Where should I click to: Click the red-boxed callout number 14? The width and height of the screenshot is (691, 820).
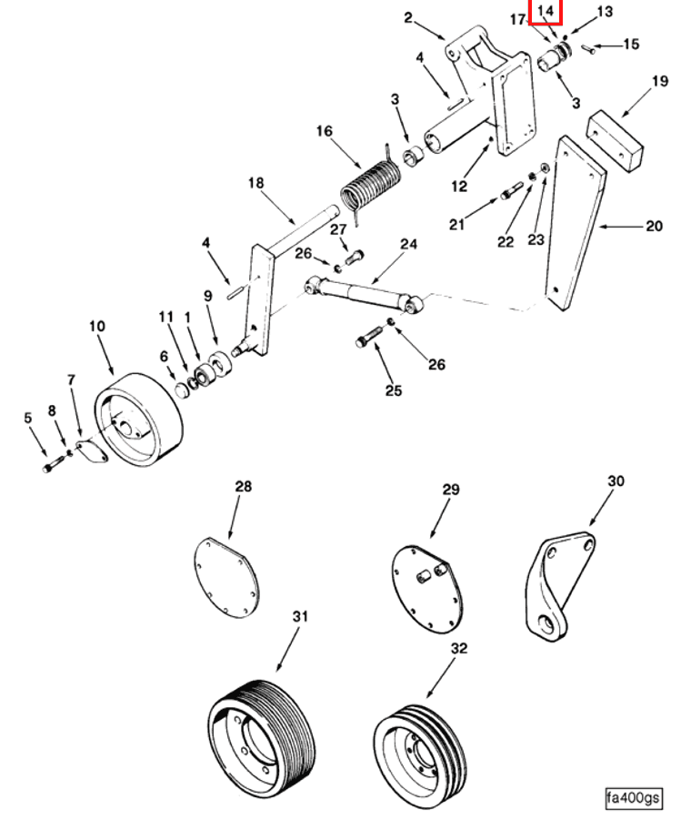(545, 11)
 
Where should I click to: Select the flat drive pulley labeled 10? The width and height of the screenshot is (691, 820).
(138, 420)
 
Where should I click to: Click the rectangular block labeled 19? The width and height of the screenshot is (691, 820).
(616, 139)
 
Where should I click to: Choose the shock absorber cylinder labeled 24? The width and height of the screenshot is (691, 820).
(365, 295)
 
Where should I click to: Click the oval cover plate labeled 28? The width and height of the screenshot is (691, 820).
(225, 577)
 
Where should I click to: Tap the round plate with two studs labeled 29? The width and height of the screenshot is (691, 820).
(426, 589)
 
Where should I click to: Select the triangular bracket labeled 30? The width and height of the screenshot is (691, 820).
(560, 586)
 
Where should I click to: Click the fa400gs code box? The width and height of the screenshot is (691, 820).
(633, 798)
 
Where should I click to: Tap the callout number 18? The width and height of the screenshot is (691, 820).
(255, 183)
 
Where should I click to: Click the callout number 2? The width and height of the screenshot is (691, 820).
(408, 18)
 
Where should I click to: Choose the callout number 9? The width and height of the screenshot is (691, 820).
(208, 296)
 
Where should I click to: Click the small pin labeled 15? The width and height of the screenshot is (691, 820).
(588, 48)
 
